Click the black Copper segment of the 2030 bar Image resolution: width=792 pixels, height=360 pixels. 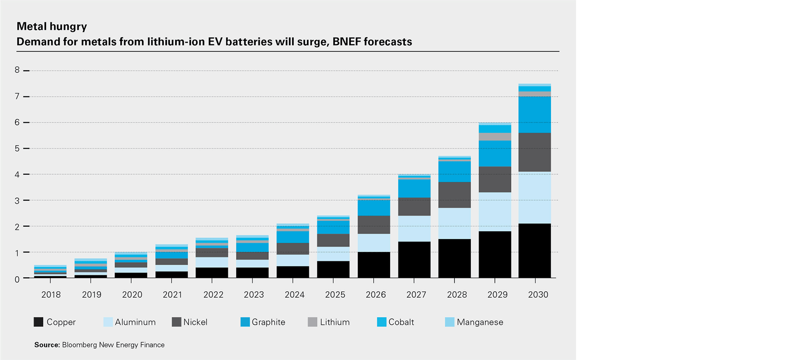[535, 251]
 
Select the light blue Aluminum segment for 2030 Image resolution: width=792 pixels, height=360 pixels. [535, 198]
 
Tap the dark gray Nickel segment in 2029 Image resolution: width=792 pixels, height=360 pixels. [495, 179]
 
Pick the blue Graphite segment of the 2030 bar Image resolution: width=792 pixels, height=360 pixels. [535, 114]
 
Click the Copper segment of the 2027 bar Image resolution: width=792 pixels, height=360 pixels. [414, 259]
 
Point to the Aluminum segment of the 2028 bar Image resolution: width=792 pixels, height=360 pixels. [454, 223]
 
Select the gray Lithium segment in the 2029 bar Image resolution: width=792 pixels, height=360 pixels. [495, 137]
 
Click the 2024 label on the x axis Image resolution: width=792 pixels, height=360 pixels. [295, 295]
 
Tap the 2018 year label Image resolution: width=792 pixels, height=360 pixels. [51, 295]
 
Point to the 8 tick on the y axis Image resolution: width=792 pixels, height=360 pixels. [17, 70]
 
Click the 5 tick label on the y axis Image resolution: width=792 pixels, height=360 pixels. [17, 149]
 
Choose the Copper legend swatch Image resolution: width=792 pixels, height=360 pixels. [39, 322]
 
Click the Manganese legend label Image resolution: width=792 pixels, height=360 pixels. [480, 322]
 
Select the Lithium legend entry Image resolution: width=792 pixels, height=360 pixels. [335, 322]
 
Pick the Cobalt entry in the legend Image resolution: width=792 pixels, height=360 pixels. [401, 322]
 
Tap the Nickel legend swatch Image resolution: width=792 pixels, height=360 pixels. [176, 322]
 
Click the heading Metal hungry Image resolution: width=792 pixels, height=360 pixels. [52, 26]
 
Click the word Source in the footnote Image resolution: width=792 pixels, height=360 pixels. [47, 345]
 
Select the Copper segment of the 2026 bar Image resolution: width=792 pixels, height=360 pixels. [374, 265]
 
